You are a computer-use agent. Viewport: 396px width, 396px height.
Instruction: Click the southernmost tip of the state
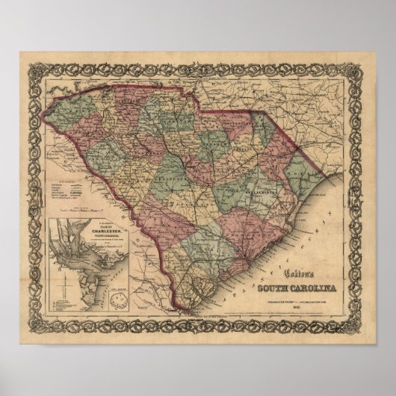[x=178, y=307]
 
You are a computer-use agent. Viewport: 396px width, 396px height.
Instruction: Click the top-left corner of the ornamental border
[x=30, y=63]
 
